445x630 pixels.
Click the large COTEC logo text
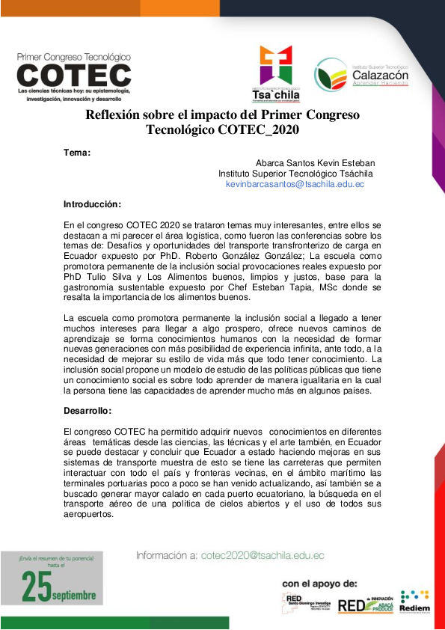[x=73, y=75]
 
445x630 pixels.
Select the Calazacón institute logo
[x=361, y=76]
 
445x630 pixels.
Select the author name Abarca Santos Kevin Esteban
[x=315, y=162]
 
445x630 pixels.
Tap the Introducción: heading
[x=92, y=204]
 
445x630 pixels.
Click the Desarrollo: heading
[x=88, y=411]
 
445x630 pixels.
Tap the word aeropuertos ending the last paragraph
[x=89, y=513]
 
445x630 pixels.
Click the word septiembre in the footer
[x=75, y=596]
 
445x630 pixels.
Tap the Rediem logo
[x=414, y=602]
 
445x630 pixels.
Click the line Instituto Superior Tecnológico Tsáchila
[x=295, y=173]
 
